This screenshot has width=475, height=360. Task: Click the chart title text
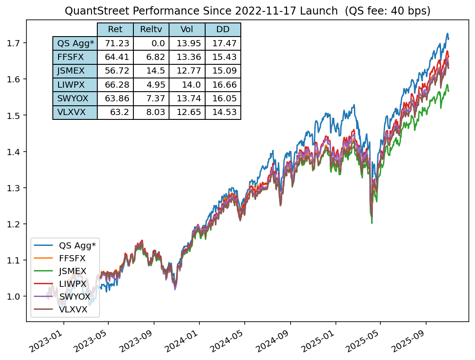pos(247,11)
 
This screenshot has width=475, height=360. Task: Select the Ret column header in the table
pos(115,30)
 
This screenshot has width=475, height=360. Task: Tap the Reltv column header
pos(151,30)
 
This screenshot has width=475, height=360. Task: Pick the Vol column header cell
pos(187,30)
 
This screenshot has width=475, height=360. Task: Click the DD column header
pos(223,30)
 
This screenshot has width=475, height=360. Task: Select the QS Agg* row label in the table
pos(75,43)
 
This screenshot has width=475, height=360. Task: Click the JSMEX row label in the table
pos(75,71)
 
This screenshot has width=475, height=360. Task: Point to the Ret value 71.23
pos(115,43)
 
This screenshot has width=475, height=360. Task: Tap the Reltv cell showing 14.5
pos(151,71)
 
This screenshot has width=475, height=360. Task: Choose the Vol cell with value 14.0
pos(187,85)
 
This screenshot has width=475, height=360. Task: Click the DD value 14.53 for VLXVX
pos(223,112)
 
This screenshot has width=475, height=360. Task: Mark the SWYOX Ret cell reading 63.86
pos(115,99)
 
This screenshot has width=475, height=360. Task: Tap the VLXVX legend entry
pos(73,309)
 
